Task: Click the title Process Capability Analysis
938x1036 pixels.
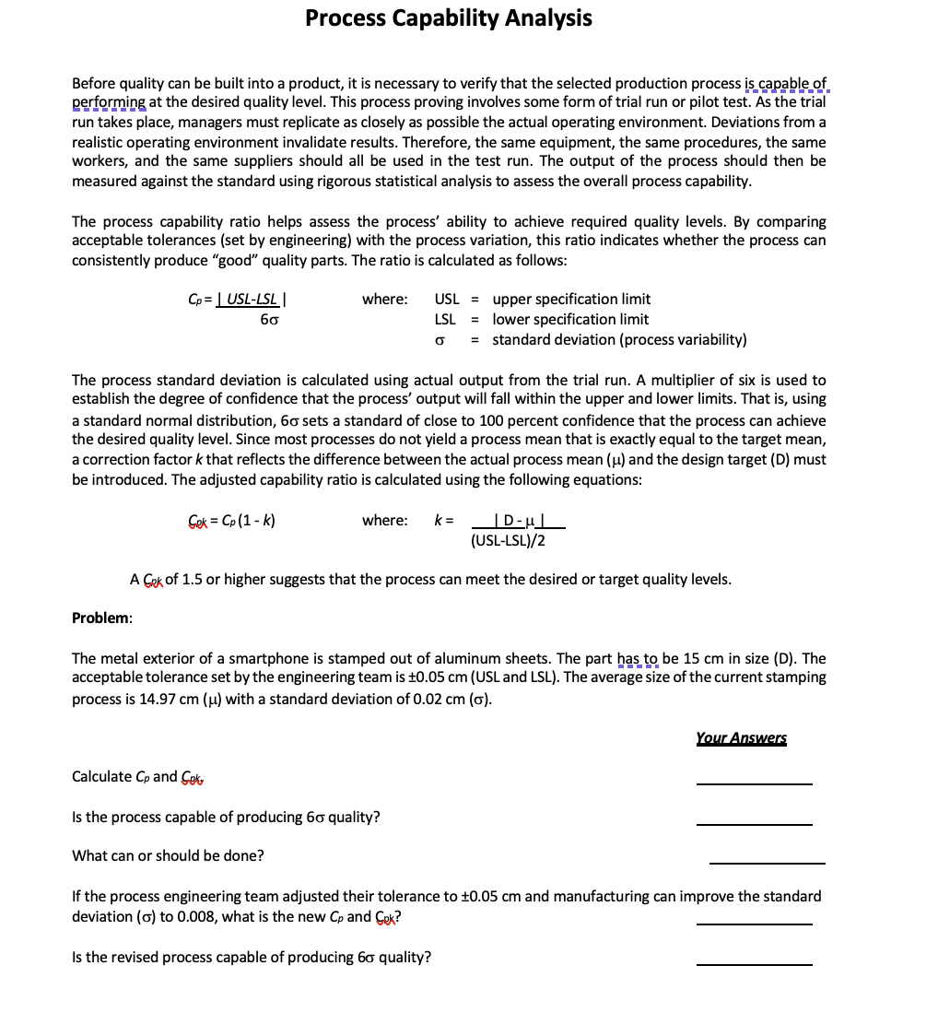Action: [x=449, y=18]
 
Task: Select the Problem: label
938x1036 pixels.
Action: [x=102, y=618]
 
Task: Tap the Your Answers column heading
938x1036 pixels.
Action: [x=741, y=737]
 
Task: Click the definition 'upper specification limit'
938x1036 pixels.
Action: [x=571, y=299]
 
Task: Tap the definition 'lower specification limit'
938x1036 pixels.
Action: [x=570, y=319]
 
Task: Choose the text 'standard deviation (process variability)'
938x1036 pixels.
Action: [x=619, y=339]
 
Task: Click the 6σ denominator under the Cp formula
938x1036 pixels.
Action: [x=269, y=320]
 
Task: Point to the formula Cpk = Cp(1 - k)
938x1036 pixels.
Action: [x=231, y=520]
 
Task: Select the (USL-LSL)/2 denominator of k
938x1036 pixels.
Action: [x=508, y=540]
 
